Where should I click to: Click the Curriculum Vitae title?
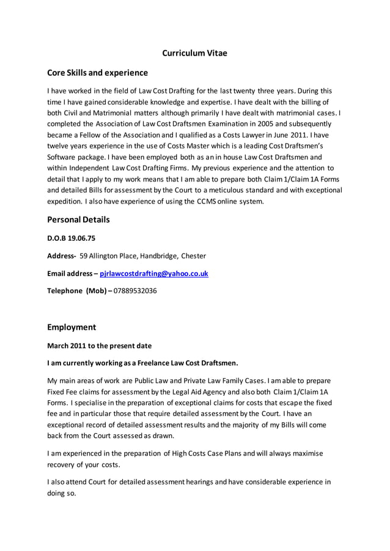coord(194,53)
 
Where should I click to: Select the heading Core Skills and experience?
coord(97,73)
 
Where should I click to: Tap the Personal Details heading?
coord(78,219)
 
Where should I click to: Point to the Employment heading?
coord(72,327)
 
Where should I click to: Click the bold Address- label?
coord(62,256)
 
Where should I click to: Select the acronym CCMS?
coord(207,202)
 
